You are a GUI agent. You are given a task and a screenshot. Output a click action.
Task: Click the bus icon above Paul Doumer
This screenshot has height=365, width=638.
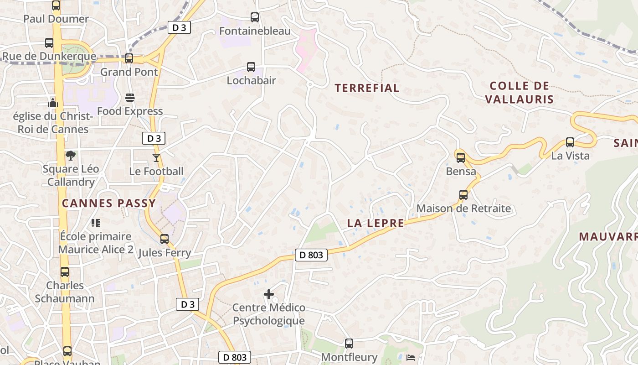[56, 5]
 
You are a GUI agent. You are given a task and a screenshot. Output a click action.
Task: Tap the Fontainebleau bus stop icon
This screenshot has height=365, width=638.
[255, 17]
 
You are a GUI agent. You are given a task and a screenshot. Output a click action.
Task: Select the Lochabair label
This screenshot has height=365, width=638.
[252, 81]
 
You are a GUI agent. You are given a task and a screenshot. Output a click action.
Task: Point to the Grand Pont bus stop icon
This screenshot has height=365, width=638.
[129, 58]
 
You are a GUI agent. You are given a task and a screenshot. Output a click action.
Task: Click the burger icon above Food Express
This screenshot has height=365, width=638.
[130, 98]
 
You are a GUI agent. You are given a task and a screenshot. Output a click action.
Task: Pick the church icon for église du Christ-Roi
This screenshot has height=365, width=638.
[53, 103]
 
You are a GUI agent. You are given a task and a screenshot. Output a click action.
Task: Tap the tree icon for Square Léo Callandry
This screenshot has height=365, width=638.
[71, 156]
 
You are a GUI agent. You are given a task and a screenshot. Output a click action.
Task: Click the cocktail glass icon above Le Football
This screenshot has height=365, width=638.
[156, 158]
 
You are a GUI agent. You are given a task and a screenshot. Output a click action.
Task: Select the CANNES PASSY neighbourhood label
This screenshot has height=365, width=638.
[109, 203]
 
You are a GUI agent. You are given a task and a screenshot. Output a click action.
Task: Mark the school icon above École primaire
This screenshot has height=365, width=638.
[96, 223]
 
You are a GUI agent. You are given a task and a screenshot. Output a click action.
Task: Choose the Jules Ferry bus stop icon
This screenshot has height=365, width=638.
[165, 239]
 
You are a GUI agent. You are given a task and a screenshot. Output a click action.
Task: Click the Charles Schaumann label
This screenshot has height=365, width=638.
[65, 292]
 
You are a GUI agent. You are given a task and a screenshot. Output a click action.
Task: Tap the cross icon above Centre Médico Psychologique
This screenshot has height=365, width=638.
[269, 294]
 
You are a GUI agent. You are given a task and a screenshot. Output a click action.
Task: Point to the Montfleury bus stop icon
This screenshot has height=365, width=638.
[349, 344]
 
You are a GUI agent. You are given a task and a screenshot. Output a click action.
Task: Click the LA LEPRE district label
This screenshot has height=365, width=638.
[376, 223]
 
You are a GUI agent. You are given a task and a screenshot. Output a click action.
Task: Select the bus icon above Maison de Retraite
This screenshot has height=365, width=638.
[463, 195]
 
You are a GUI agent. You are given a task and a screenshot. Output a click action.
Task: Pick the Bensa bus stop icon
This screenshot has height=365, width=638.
[461, 158]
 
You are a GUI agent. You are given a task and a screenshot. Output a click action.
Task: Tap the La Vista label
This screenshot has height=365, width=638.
[570, 156]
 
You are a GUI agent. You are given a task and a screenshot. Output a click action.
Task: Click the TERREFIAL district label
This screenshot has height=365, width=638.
[367, 88]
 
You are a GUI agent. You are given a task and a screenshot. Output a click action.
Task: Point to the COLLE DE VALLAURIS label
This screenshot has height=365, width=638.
[519, 93]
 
